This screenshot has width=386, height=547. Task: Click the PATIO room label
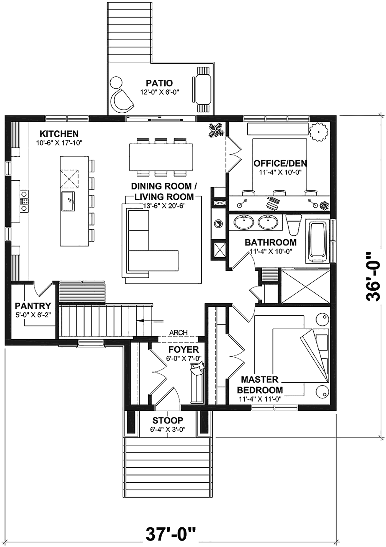[159, 83]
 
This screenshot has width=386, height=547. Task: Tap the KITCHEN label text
[59, 134]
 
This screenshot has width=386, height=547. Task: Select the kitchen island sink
[68, 201]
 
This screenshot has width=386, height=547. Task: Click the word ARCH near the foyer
[179, 333]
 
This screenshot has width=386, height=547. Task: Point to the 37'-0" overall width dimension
[171, 533]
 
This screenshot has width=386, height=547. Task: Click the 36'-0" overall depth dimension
[373, 277]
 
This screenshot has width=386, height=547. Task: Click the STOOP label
[168, 420]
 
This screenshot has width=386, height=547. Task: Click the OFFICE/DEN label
[280, 163]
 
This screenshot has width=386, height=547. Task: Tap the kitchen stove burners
[24, 201]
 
